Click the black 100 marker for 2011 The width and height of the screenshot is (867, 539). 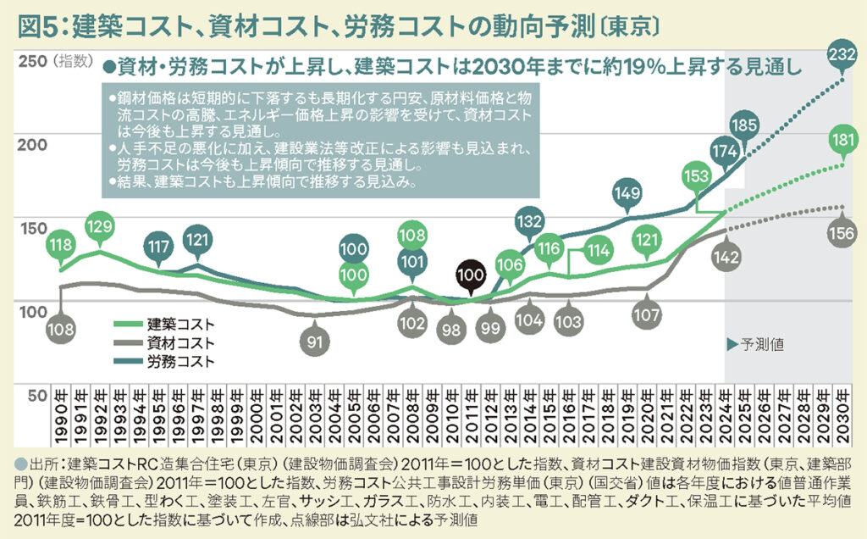pos(468,274)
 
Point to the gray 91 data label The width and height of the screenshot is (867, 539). pos(313,342)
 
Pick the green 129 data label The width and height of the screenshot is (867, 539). pos(100,227)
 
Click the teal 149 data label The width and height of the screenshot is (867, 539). pos(627,194)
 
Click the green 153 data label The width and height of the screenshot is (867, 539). pos(696,178)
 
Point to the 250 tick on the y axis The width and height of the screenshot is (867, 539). pos(32,61)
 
